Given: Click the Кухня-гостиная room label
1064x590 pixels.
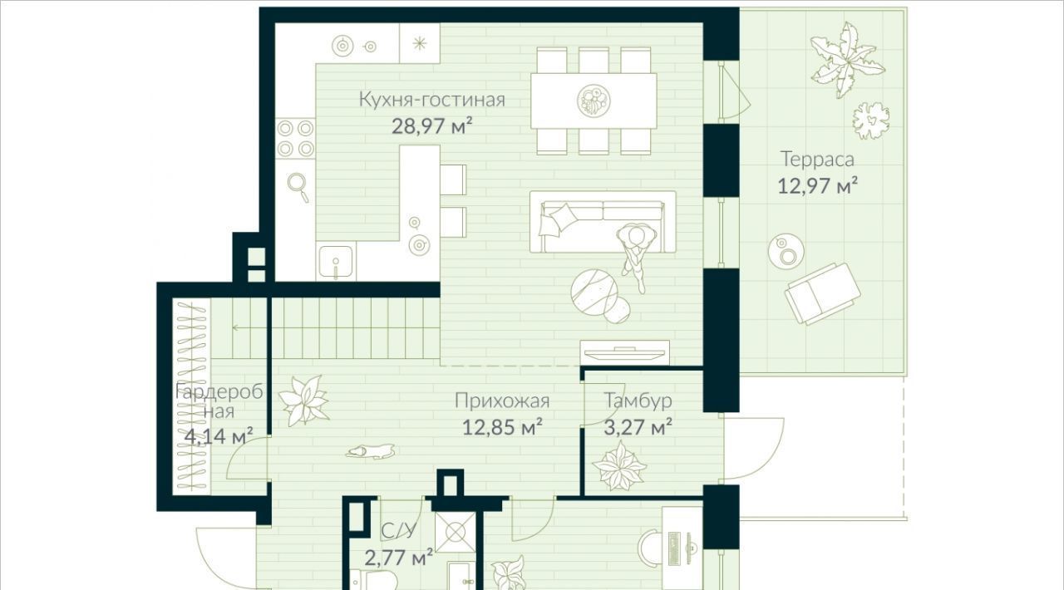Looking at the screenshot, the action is [x=431, y=100].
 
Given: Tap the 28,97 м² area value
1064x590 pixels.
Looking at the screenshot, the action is [x=431, y=125].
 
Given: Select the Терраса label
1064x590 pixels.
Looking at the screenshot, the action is [x=817, y=160].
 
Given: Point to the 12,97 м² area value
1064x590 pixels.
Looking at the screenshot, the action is [x=817, y=186].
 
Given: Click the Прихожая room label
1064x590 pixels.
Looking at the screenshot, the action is [x=502, y=401].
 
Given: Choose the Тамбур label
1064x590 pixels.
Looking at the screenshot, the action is [x=638, y=401].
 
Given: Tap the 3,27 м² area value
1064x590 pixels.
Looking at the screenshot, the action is [x=638, y=427].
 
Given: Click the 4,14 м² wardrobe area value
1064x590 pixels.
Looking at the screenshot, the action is [x=219, y=436].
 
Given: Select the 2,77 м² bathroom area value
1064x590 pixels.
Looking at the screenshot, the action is [x=398, y=558].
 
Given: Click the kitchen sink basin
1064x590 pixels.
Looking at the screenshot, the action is [x=336, y=261].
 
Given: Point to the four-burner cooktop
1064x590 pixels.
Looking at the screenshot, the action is [x=295, y=138].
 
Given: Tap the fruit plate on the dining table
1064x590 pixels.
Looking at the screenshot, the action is [x=594, y=101].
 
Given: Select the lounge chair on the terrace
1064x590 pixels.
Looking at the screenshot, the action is [x=822, y=293].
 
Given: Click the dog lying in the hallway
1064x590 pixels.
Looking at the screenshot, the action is [x=370, y=452].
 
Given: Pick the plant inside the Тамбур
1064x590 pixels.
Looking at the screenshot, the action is [x=619, y=466].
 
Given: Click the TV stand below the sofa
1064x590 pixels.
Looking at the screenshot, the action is [x=624, y=353].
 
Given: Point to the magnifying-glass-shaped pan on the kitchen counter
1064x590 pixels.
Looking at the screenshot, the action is [x=298, y=187].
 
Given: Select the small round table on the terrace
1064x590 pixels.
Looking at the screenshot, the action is [x=786, y=252].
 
